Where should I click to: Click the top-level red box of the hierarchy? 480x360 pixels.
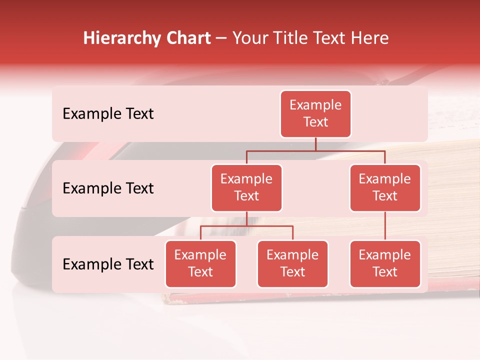coord(315,114)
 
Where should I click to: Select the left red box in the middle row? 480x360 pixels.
coord(246,188)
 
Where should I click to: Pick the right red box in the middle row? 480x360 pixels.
coord(385,188)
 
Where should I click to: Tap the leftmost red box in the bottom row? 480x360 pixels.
coord(200,264)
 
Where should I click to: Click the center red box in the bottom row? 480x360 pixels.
coord(292,264)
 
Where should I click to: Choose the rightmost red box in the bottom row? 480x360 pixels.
coord(385,264)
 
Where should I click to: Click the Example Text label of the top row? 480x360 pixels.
coord(108,114)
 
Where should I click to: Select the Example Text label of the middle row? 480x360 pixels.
coord(108,188)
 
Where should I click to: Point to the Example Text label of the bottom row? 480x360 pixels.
coord(108,264)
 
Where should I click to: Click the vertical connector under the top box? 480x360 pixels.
coord(315,144)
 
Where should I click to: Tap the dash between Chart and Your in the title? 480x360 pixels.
coord(221,38)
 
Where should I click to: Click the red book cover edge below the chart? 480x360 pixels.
coord(300,298)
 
